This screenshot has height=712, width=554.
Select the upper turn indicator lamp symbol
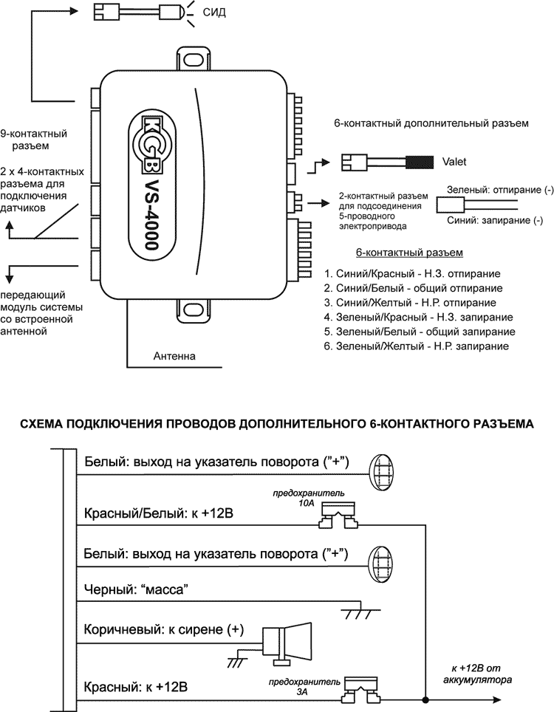coord(382,470)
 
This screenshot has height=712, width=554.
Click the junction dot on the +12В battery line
coord(426,697)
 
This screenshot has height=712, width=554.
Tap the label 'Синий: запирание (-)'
coord(494,220)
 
